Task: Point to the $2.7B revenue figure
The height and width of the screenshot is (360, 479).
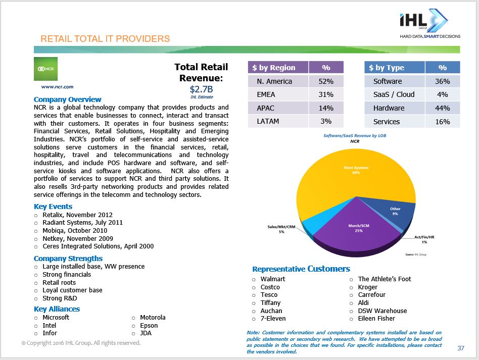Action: [201, 89]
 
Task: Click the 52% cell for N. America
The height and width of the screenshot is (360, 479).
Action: [326, 81]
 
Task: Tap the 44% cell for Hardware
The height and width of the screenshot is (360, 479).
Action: [442, 108]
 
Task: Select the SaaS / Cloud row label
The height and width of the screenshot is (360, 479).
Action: [394, 94]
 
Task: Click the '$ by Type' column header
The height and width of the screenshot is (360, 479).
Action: [387, 68]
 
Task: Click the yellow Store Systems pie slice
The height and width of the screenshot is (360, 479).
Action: [349, 172]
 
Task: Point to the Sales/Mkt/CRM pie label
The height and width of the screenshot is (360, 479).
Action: [281, 230]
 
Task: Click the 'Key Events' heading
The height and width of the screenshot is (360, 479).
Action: [53, 207]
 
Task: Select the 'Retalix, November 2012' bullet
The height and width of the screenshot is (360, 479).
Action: [77, 215]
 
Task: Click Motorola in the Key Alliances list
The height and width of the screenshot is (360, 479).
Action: [153, 318]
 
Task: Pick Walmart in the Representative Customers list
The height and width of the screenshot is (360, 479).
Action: [273, 279]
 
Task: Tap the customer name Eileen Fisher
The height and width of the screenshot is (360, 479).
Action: [376, 319]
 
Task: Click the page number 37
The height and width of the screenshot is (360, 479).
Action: [460, 348]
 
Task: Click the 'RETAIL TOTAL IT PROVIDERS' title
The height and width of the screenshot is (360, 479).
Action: [105, 39]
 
